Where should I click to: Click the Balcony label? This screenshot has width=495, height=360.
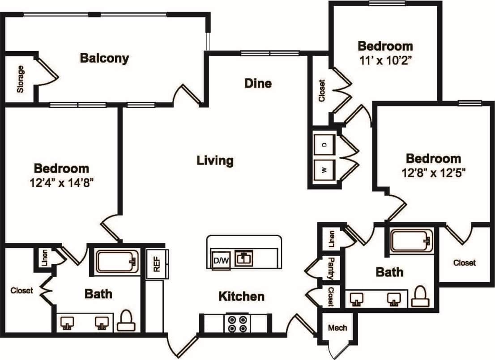click(x=104, y=58)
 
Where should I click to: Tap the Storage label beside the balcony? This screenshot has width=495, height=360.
click(x=20, y=79)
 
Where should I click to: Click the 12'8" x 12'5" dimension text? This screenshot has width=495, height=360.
click(x=433, y=173)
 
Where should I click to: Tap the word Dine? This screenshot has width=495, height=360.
click(x=258, y=83)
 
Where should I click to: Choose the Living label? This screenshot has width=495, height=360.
click(x=215, y=160)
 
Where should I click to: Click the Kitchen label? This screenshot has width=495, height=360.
click(x=241, y=296)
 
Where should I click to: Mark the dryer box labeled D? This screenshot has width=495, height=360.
click(x=324, y=144)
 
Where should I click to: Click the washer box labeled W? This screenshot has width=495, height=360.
click(x=324, y=169)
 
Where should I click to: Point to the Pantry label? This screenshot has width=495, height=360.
click(x=332, y=268)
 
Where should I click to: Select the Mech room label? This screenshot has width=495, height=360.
click(x=337, y=328)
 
